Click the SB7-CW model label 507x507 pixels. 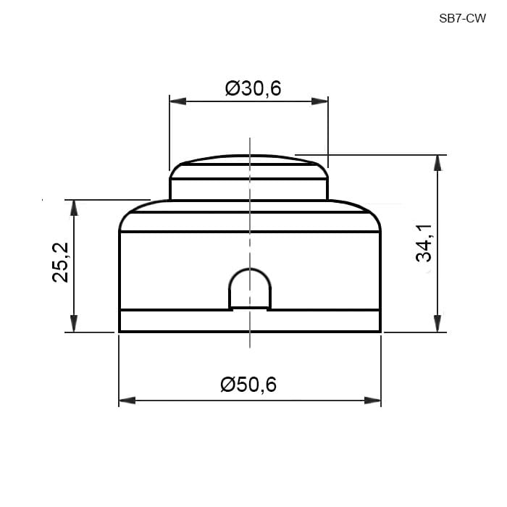pos(462,19)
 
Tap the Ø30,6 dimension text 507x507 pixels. pos(253,88)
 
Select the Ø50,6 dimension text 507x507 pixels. pos(248,384)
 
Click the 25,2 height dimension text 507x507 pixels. pos(60,262)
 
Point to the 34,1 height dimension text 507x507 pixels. pos(424,243)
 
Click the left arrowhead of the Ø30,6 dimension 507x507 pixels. pos(178,101)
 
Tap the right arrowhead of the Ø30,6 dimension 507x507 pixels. pos(319,101)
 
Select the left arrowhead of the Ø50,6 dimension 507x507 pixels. pos(127,401)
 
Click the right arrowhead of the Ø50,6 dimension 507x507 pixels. pos(372,401)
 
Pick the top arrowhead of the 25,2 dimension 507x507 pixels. pos(74,208)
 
